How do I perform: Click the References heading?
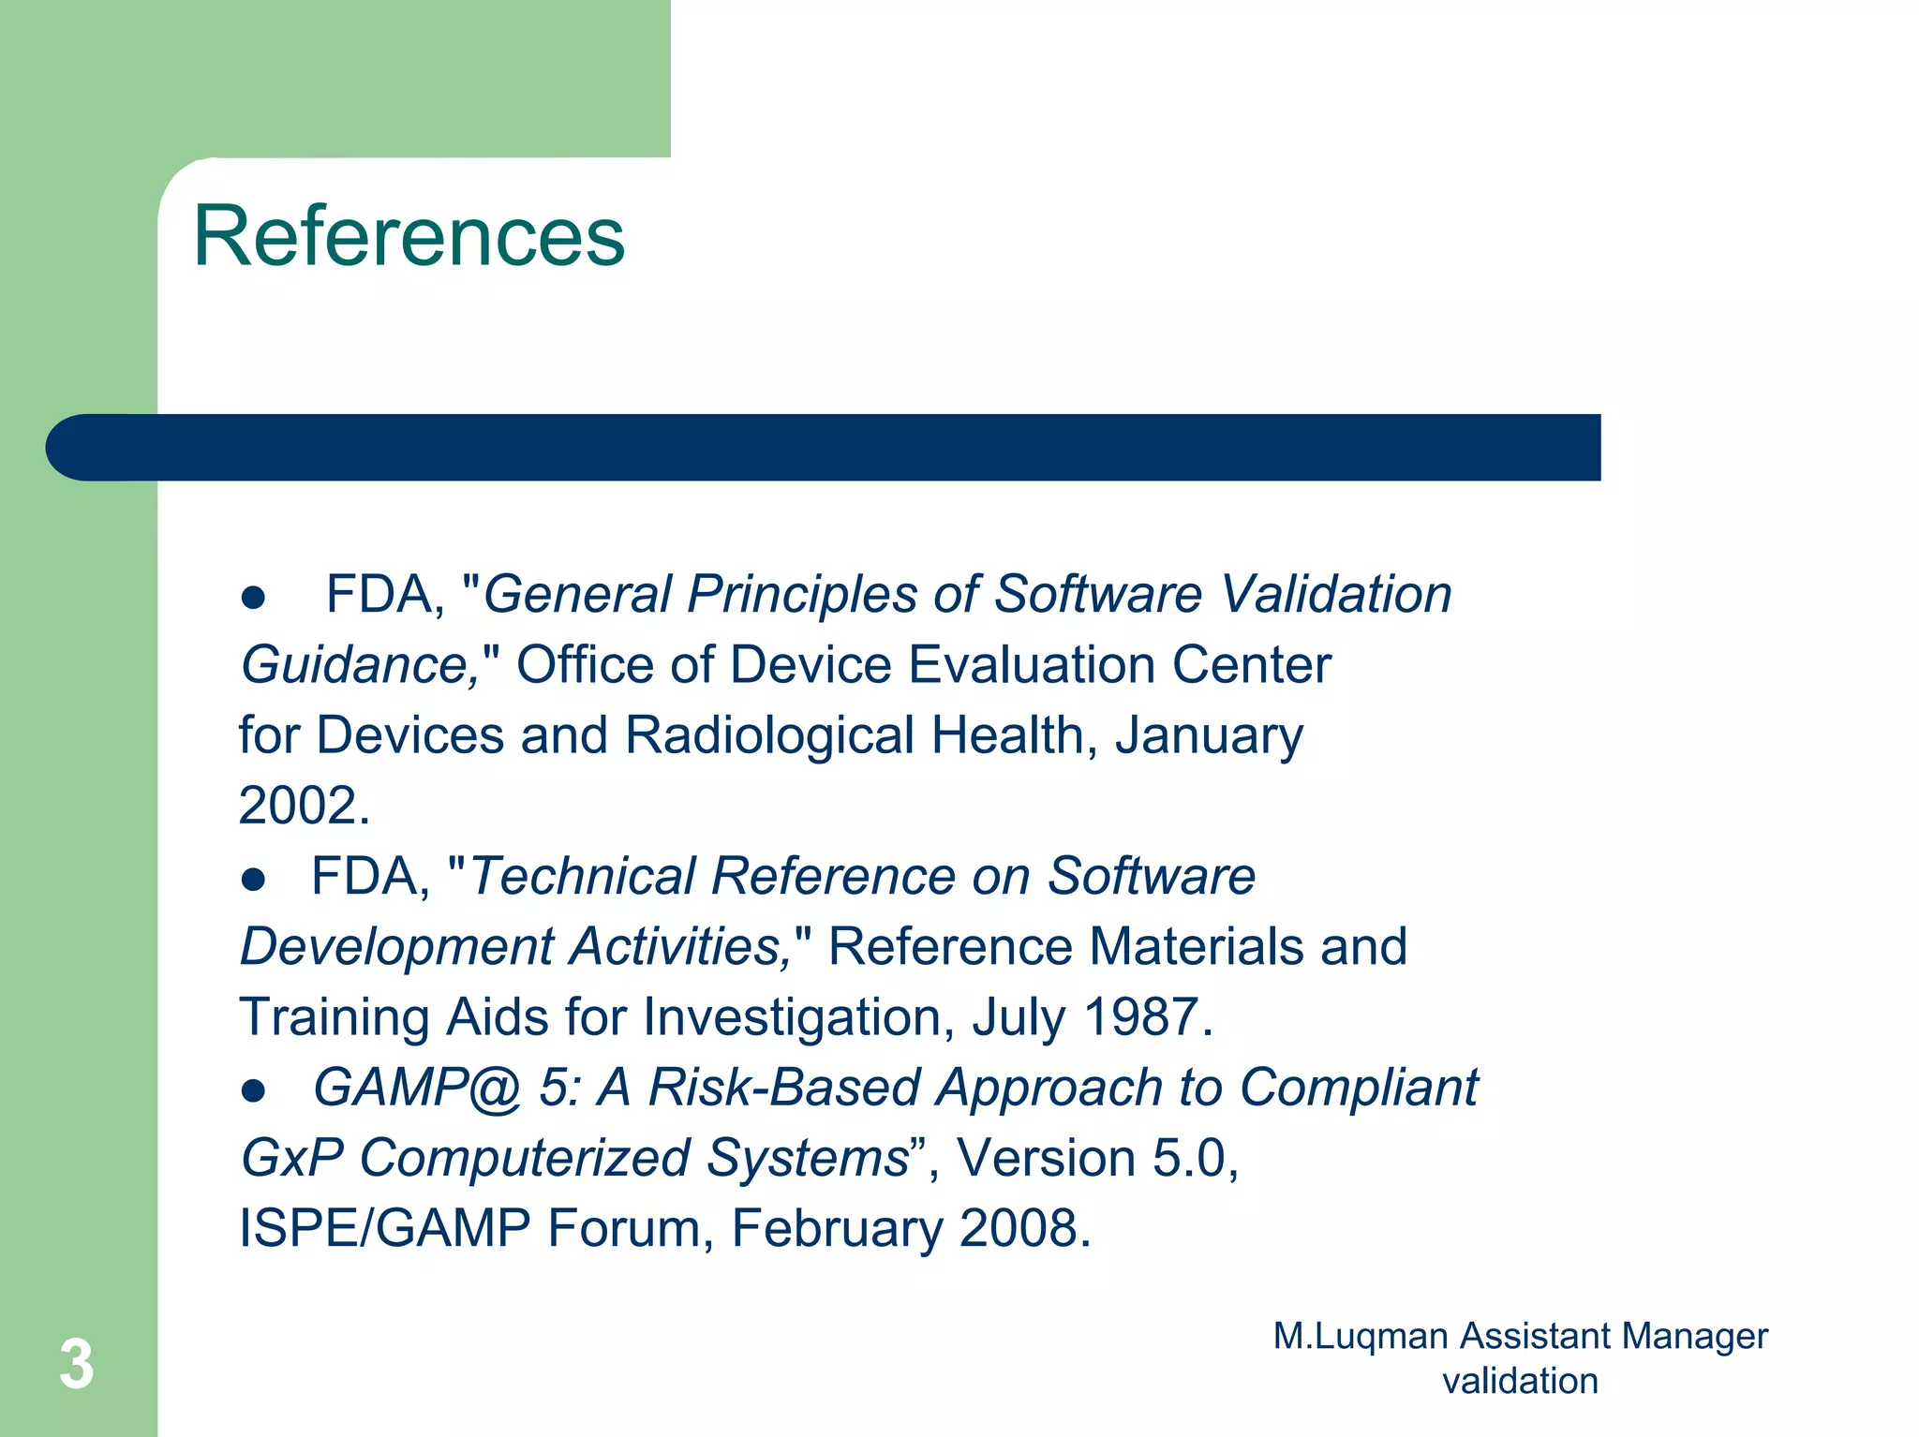409,236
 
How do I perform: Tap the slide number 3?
77,1364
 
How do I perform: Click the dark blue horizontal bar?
823,448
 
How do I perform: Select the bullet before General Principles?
253,598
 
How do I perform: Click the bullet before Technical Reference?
253,880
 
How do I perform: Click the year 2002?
296,806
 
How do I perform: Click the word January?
1209,735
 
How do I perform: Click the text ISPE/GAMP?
384,1228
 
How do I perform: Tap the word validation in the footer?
1520,1381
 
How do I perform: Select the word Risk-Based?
784,1088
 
